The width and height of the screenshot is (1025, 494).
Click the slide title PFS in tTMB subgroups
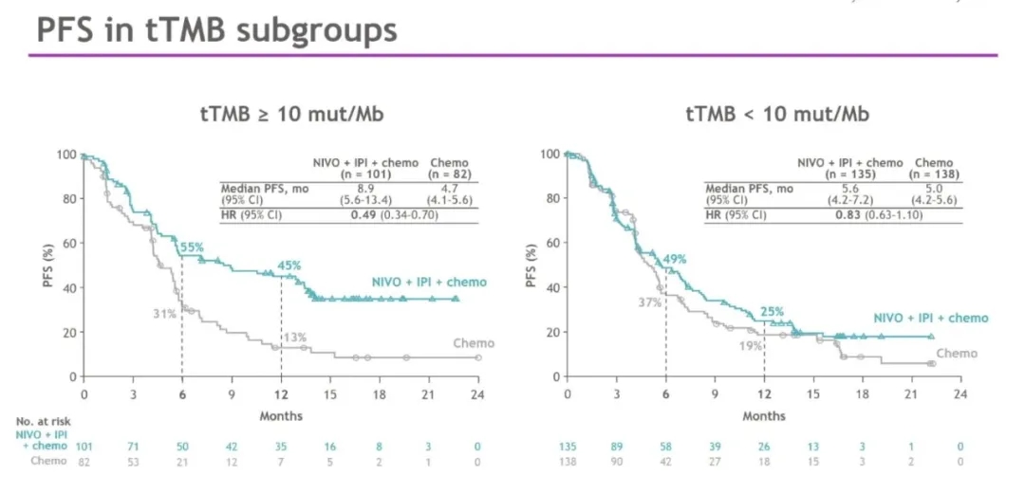(216, 31)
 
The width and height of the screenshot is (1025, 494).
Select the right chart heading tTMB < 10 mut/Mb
(777, 116)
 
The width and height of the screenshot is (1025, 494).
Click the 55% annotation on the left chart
(193, 247)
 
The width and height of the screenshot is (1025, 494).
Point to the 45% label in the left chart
(289, 265)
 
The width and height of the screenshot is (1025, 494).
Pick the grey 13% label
(295, 338)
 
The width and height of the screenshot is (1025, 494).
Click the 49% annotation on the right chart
(674, 259)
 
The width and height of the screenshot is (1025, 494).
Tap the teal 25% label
(773, 310)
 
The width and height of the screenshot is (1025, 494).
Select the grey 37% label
(648, 302)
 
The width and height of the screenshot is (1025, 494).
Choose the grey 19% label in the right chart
(750, 347)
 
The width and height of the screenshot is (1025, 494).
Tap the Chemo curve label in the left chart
(473, 343)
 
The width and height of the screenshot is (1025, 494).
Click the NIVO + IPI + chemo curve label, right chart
(930, 319)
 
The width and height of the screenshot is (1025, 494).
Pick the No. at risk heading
(43, 420)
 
